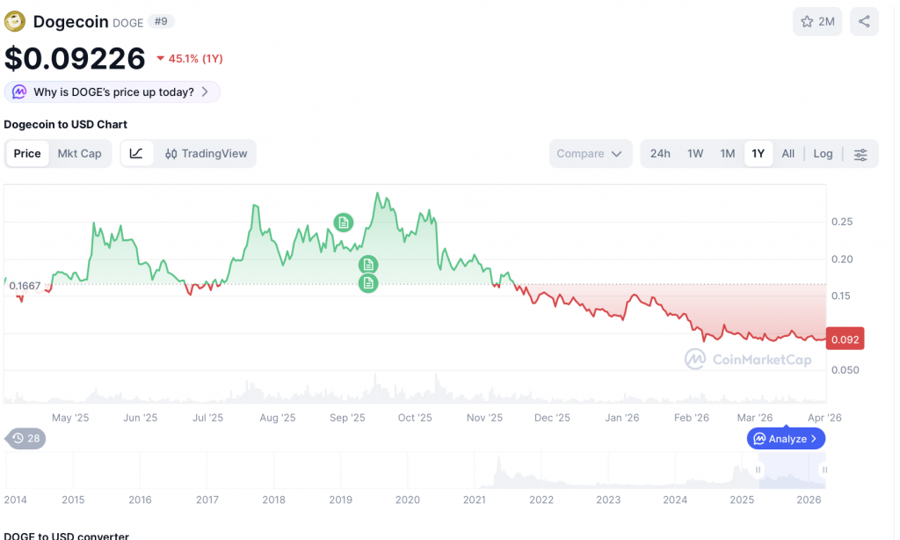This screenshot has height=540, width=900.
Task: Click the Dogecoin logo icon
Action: [x=15, y=21]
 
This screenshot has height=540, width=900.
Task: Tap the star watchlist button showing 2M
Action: [x=817, y=22]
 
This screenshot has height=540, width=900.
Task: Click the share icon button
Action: [x=864, y=22]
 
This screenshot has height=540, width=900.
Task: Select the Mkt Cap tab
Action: [x=79, y=154]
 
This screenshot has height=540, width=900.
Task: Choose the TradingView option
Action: [x=207, y=154]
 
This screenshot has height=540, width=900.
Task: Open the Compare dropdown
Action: [x=589, y=154]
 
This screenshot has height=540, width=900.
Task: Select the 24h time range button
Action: [x=660, y=154]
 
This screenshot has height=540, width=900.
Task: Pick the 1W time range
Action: [x=695, y=154]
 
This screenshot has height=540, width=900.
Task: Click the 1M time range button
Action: [x=728, y=154]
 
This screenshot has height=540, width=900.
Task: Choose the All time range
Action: [x=788, y=154]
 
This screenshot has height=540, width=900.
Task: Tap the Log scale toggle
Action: [x=823, y=154]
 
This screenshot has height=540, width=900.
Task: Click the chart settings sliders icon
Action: [x=860, y=155]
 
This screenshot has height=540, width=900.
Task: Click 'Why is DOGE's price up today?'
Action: [x=112, y=92]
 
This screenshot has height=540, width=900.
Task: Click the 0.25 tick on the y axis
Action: [x=841, y=222]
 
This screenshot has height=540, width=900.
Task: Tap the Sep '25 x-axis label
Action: [x=347, y=419]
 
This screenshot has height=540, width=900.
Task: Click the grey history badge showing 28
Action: [x=25, y=438]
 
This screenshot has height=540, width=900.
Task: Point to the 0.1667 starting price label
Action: [x=25, y=285]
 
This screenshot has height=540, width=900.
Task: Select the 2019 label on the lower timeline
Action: [x=340, y=500]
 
